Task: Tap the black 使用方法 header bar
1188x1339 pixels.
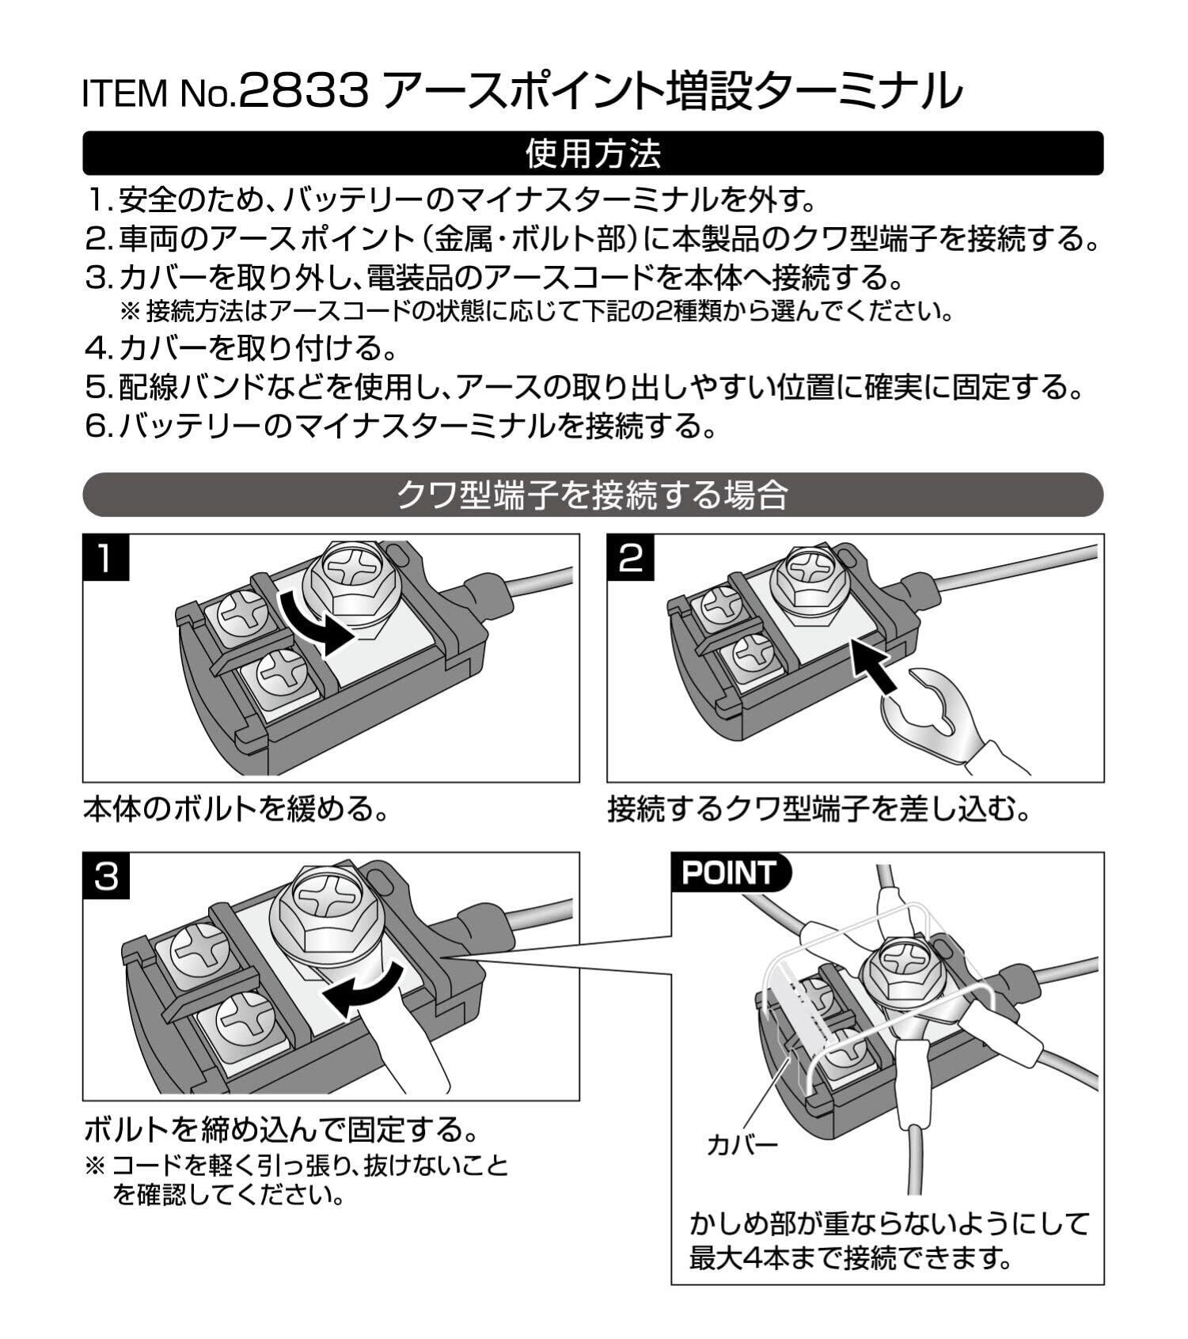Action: (593, 154)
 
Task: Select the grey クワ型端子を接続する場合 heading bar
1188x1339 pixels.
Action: (593, 495)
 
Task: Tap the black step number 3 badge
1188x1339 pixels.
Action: (105, 876)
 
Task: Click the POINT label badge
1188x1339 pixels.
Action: (730, 873)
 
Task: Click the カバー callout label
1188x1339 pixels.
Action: (742, 1145)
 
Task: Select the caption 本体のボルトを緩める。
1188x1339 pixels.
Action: (236, 810)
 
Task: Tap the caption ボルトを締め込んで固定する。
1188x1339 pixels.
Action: (282, 1129)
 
